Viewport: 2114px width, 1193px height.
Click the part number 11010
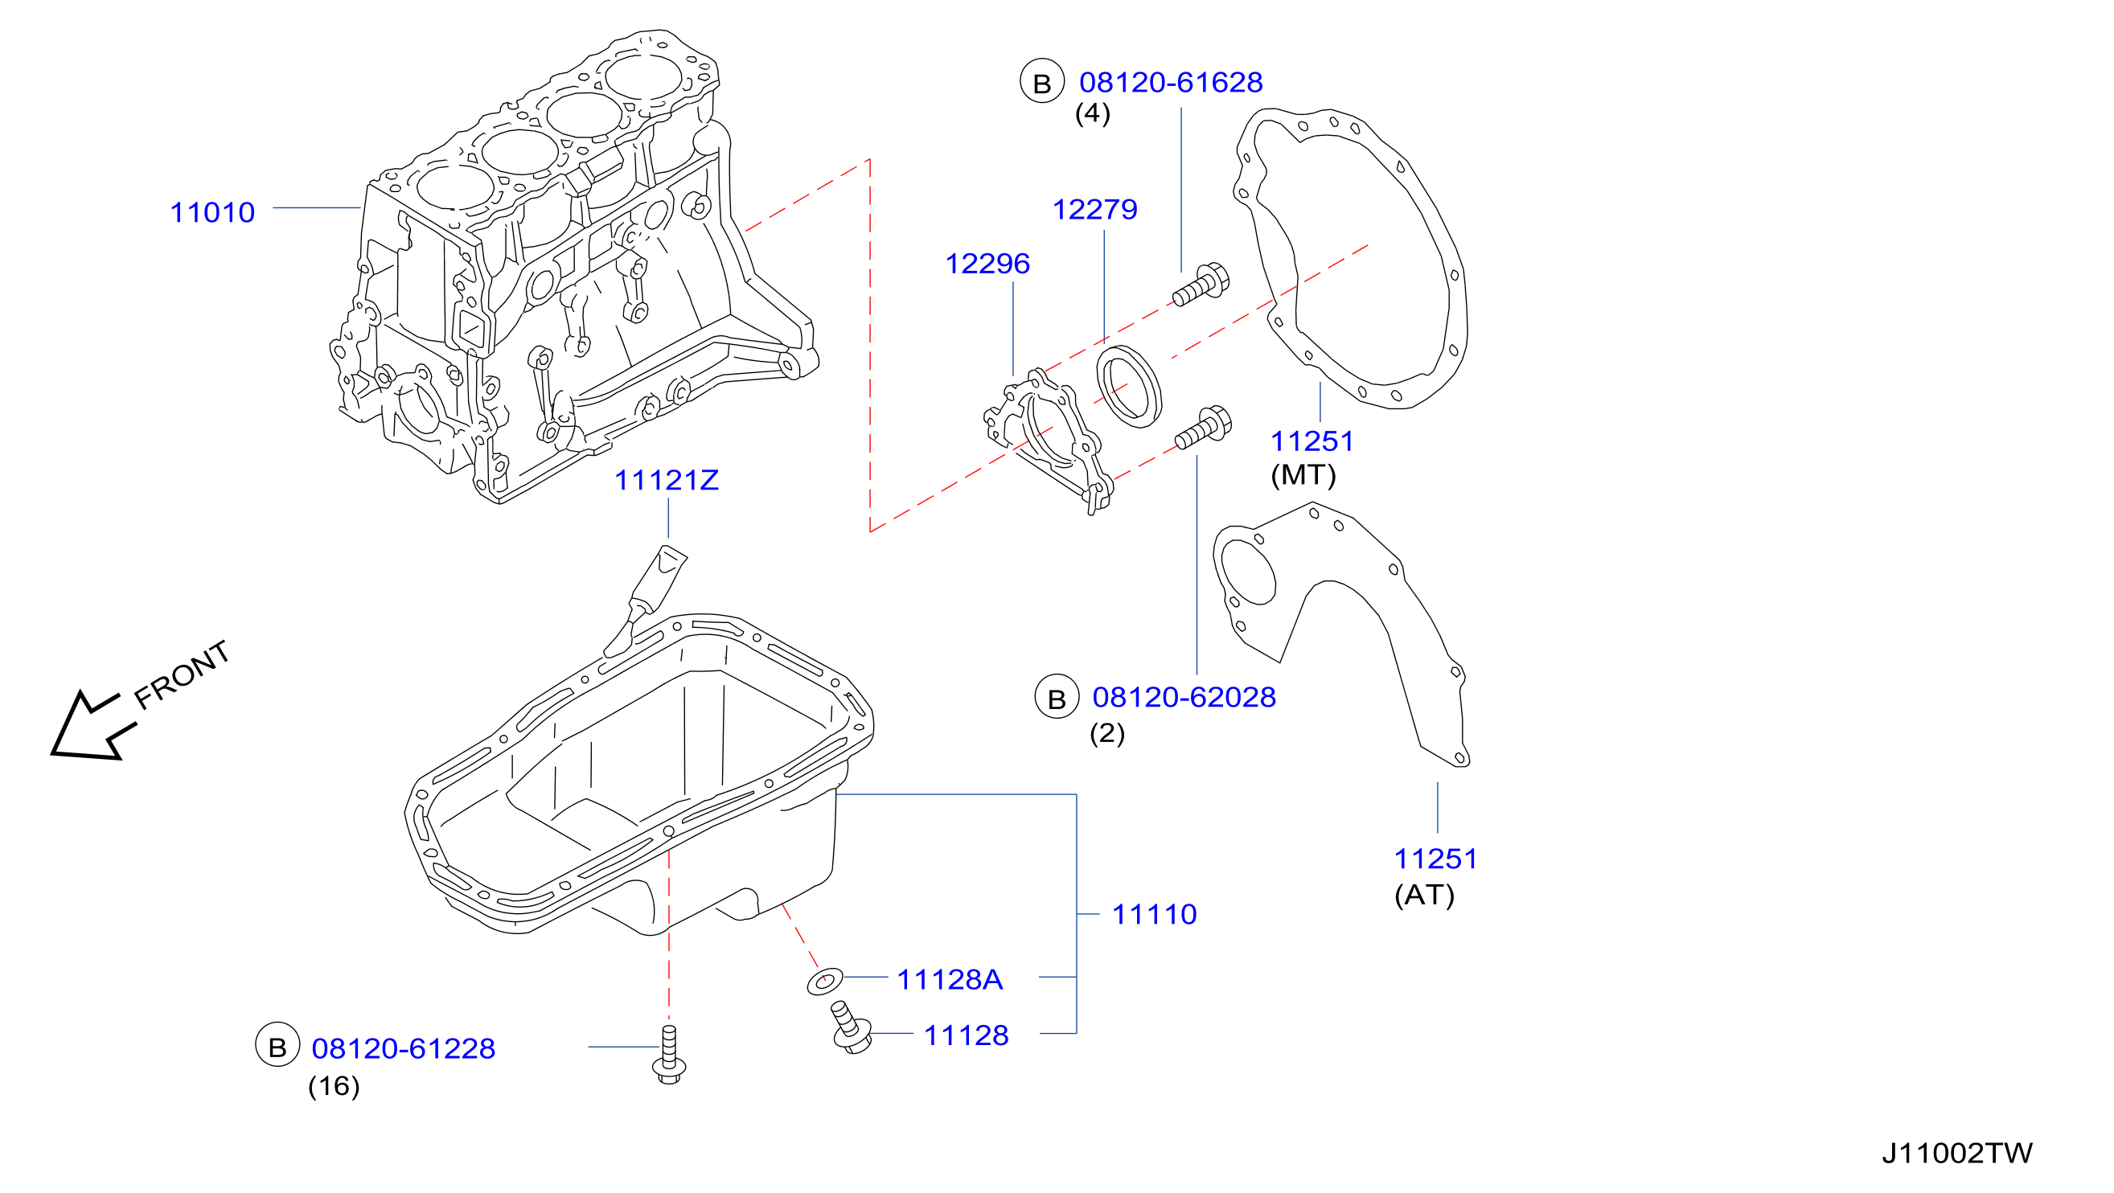212,212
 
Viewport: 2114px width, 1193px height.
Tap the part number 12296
987,264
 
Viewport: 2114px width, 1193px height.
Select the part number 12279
1094,209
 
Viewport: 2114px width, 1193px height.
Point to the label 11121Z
667,480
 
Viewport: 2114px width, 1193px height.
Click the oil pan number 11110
1154,914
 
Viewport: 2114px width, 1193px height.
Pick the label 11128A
950,979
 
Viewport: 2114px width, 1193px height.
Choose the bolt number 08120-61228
403,1047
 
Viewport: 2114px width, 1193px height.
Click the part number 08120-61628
1171,82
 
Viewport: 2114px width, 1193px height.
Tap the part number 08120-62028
1184,697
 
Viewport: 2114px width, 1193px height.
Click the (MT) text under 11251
1303,475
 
